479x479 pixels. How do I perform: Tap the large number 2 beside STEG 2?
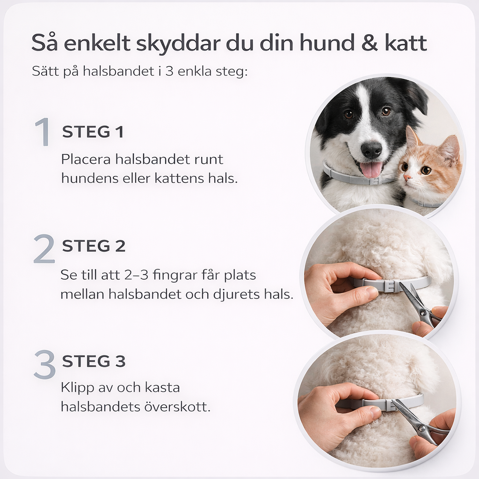pos(44,249)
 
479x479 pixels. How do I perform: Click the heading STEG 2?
pos(94,246)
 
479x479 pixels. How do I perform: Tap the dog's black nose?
pos(371,150)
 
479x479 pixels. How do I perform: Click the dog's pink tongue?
pos(371,169)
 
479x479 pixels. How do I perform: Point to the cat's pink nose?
pos(407,177)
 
